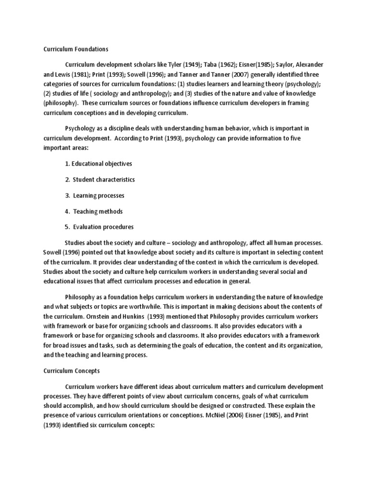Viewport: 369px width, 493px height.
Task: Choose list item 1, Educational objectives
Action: point(98,164)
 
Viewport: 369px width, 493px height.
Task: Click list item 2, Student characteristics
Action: point(100,180)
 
